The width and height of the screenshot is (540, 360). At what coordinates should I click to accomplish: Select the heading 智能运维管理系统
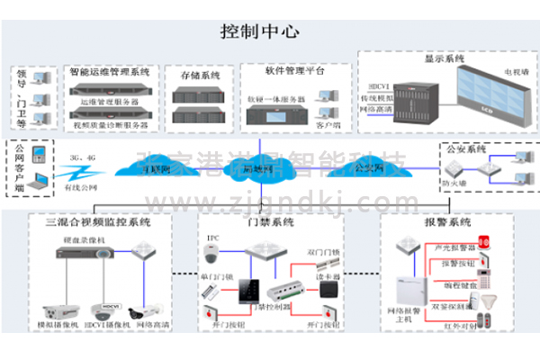pos(109,70)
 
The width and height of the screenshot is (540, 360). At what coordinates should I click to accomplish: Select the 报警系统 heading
pos(447,222)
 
